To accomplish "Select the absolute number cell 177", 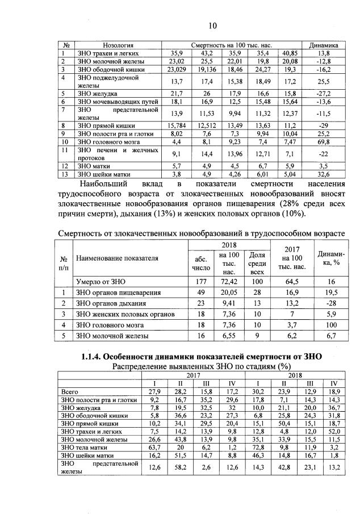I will coord(202,281).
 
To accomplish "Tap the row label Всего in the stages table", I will coord(68,391).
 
